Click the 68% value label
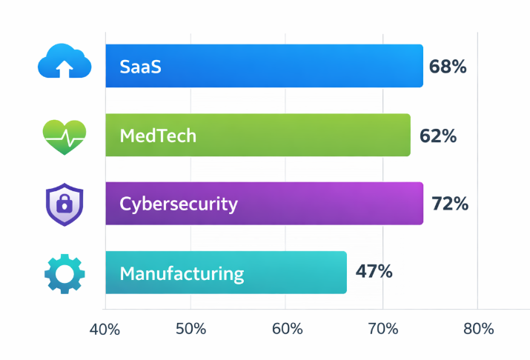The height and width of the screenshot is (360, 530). pyautogui.click(x=448, y=67)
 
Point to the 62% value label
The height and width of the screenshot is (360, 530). pyautogui.click(x=437, y=136)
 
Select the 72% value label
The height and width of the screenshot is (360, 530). pyautogui.click(x=449, y=204)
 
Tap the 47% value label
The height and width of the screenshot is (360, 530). pyautogui.click(x=374, y=271)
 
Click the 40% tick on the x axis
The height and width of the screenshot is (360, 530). pyautogui.click(x=105, y=330)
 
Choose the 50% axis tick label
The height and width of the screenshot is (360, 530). pyautogui.click(x=191, y=330)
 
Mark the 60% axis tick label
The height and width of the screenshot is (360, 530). pyautogui.click(x=286, y=330)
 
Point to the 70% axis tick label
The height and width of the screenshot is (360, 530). pyautogui.click(x=382, y=330)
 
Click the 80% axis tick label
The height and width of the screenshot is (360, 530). pyautogui.click(x=477, y=330)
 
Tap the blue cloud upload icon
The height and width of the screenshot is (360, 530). pyautogui.click(x=64, y=62)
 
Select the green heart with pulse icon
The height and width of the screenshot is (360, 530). pyautogui.click(x=64, y=136)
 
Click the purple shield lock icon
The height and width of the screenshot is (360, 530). pyautogui.click(x=64, y=204)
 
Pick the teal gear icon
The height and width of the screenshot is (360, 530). pyautogui.click(x=64, y=273)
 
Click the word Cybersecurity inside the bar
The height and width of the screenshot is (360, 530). pyautogui.click(x=179, y=204)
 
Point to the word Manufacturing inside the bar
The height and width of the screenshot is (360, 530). pyautogui.click(x=182, y=273)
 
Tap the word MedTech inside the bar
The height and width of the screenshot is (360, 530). pyautogui.click(x=158, y=136)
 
